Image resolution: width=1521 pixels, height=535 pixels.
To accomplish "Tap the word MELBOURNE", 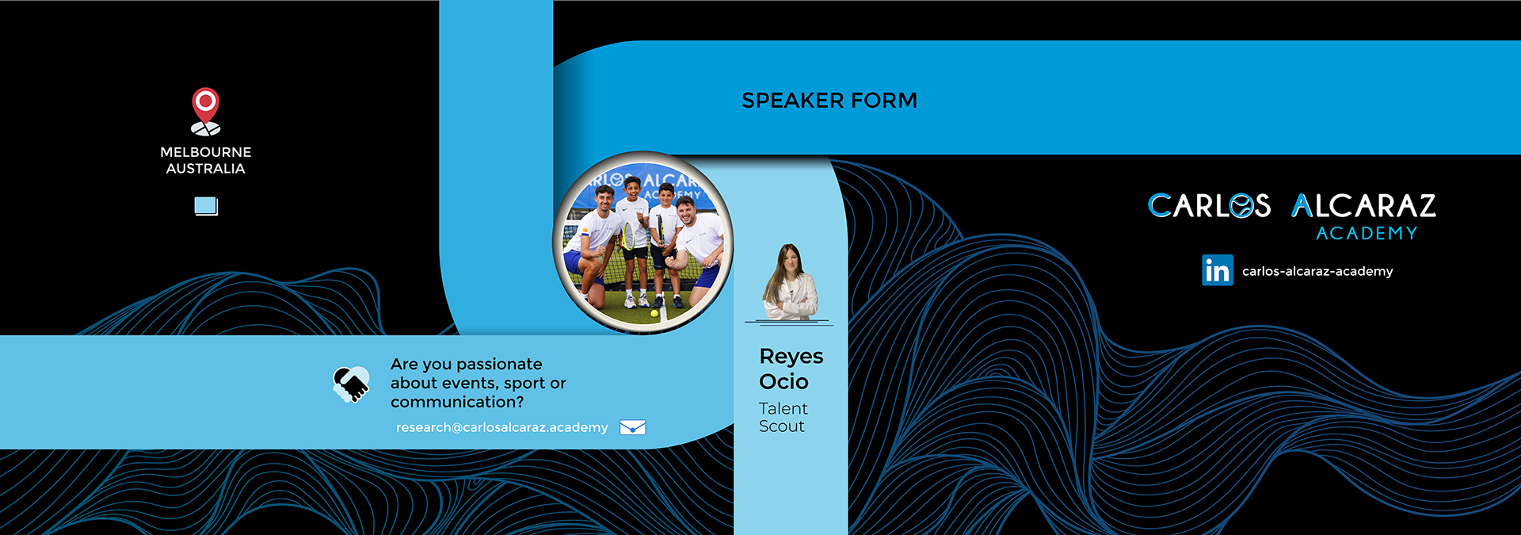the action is [206, 152].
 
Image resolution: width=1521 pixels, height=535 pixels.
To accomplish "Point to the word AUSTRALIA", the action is [206, 169].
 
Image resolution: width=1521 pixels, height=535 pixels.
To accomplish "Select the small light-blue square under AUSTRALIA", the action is [206, 206].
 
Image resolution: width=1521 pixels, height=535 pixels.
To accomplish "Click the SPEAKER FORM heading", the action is [829, 101].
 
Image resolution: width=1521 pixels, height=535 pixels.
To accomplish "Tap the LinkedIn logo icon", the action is [1217, 270].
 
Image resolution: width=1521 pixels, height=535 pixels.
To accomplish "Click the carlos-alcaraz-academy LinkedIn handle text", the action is [1317, 271].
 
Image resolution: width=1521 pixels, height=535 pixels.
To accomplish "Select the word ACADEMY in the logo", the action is [1367, 233].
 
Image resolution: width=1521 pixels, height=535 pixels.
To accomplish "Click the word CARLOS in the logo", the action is [1209, 206].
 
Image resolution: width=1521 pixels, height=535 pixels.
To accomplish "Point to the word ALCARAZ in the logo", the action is [1363, 206].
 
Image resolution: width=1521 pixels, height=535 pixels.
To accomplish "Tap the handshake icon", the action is [351, 384].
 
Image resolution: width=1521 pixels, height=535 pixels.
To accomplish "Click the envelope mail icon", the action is [633, 428].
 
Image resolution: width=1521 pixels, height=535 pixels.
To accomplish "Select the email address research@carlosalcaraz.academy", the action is [502, 427].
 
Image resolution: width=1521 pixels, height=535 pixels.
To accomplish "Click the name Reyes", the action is [791, 357].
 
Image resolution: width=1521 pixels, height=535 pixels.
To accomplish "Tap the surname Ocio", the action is [783, 382].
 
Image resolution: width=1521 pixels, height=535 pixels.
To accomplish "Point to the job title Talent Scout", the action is [783, 418].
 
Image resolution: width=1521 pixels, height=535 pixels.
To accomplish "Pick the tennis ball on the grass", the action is [654, 314].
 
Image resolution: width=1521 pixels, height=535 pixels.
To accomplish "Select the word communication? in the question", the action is [457, 403].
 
